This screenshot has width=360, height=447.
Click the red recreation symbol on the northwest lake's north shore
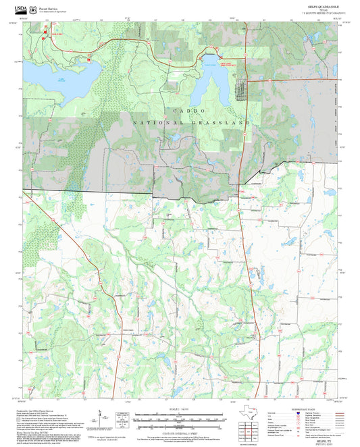coord(87,59)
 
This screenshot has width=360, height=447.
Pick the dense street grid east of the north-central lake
coord(240,90)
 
